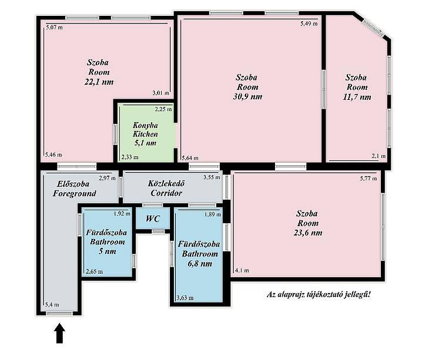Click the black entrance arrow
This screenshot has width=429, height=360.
click(59, 333)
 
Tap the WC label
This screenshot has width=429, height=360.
click(153, 218)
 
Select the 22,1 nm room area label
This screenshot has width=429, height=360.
click(99, 82)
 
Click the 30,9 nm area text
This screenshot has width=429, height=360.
click(247, 97)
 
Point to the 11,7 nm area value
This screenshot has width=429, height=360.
click(357, 97)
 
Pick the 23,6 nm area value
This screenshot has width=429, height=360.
click(308, 233)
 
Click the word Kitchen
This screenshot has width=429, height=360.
click(145, 134)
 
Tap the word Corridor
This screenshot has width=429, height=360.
click(166, 193)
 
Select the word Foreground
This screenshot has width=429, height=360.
click(75, 194)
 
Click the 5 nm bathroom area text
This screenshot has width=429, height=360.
click(107, 251)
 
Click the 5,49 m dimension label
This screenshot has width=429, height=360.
click(309, 23)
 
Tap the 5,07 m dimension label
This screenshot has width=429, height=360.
click(54, 28)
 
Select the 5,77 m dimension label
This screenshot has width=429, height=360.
click(368, 179)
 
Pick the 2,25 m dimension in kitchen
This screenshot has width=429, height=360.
click(163, 109)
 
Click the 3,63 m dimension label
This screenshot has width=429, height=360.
click(185, 298)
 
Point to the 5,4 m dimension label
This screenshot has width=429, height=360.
click(52, 305)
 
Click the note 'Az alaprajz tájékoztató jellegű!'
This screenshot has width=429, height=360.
click(319, 295)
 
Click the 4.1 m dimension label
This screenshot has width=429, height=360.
click(242, 271)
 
